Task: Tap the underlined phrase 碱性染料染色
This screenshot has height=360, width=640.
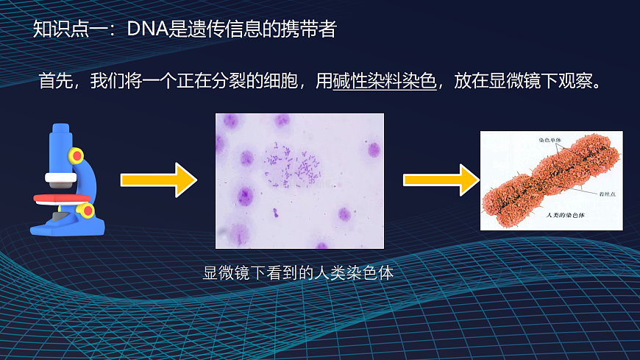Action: pyautogui.click(x=385, y=80)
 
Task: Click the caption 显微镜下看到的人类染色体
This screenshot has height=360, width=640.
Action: pyautogui.click(x=299, y=273)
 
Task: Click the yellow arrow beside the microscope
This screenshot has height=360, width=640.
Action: pyautogui.click(x=159, y=180)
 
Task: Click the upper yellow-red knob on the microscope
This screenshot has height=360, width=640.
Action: pyautogui.click(x=77, y=155)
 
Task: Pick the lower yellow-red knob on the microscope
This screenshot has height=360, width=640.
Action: pyautogui.click(x=88, y=211)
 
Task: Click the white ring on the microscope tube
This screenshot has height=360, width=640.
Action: pyautogui.click(x=60, y=177)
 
